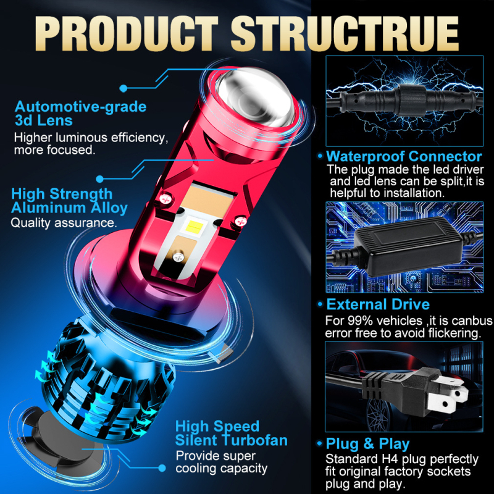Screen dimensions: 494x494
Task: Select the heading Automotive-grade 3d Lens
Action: click(x=80, y=114)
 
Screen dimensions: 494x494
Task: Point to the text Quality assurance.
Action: click(x=64, y=222)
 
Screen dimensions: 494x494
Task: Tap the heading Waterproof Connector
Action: click(x=404, y=156)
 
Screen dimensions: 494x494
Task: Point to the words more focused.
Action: click(x=54, y=149)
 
